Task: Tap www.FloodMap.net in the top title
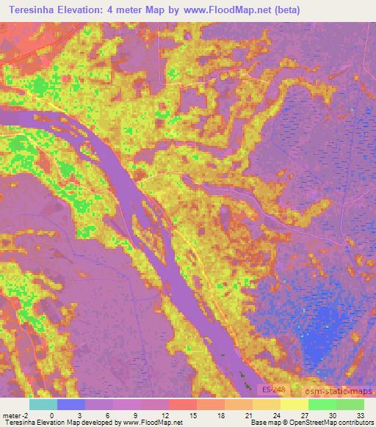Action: [217, 10]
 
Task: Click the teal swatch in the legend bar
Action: [43, 404]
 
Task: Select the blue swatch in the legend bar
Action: [70, 404]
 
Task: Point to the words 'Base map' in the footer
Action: [262, 423]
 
